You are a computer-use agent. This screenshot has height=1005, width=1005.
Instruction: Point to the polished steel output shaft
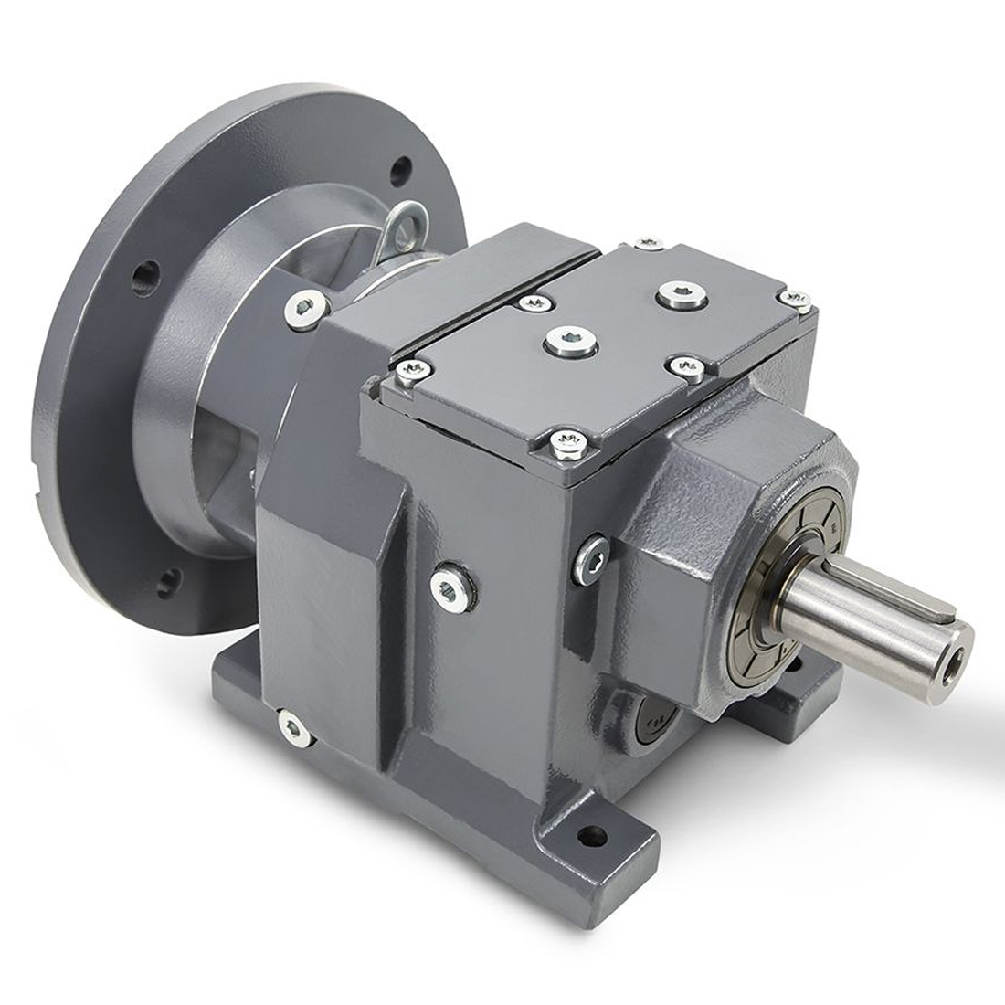point(868,612)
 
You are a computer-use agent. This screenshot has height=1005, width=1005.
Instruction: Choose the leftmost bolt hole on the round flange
point(139,276)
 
